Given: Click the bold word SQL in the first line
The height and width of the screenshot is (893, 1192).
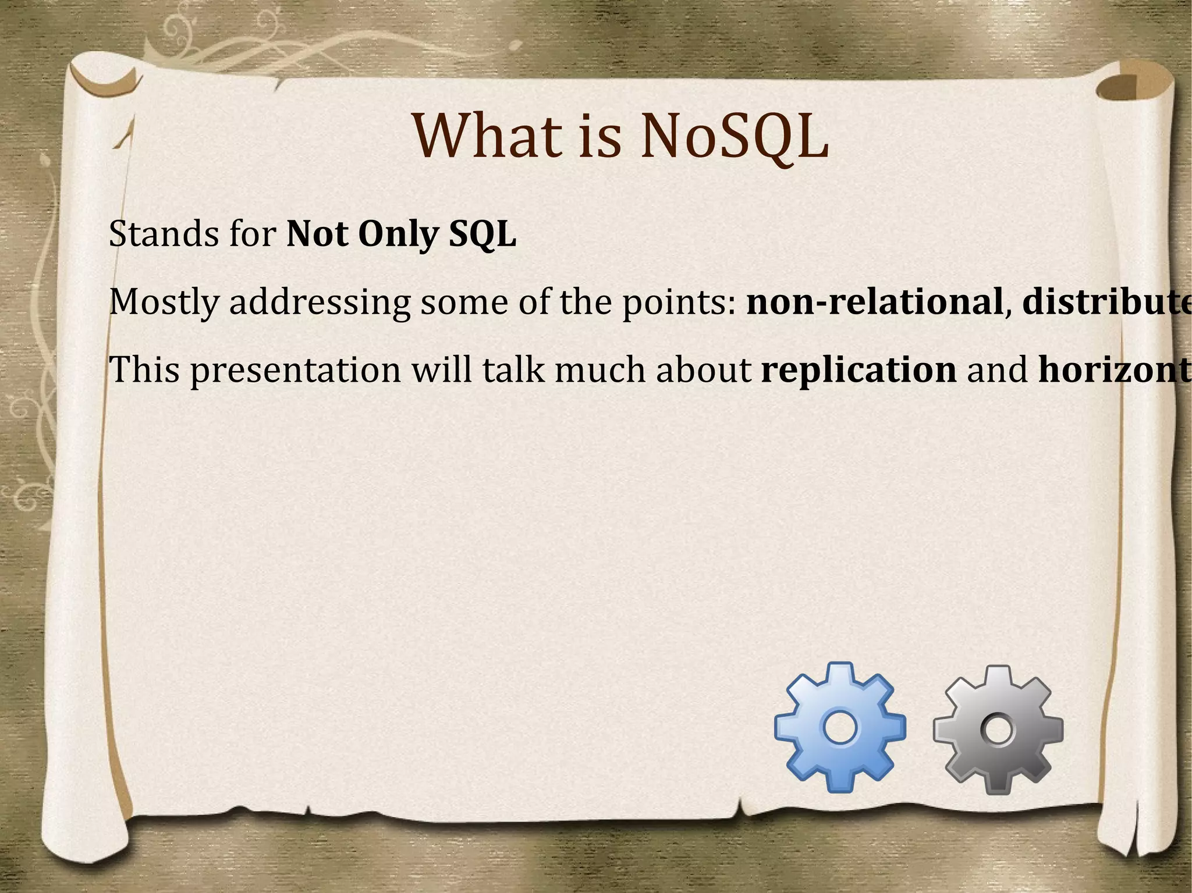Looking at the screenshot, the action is tap(482, 235).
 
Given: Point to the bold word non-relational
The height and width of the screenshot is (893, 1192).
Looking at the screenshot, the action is tap(874, 302).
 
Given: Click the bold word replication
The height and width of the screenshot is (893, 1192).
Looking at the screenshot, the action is tap(858, 371).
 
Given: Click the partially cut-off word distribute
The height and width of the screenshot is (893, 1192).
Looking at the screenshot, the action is tap(1106, 302).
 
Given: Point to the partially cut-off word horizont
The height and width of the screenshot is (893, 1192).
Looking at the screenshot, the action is tap(1114, 370).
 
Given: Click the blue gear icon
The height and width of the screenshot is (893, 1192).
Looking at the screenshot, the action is tap(840, 727).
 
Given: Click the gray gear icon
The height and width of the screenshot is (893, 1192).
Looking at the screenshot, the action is tap(998, 730).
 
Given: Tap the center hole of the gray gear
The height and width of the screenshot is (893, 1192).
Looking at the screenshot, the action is tap(998, 730).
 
